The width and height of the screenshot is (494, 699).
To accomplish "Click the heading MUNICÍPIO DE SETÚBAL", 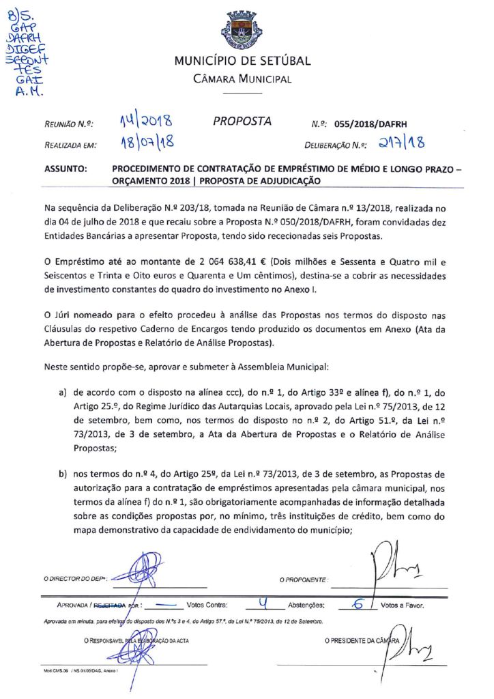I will pos(242,61).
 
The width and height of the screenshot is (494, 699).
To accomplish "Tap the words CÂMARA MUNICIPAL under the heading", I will pos(242,79).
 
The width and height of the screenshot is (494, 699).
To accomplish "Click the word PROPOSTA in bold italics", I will pos(242,122).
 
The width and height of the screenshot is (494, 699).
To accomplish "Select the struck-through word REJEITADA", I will pos(109,605).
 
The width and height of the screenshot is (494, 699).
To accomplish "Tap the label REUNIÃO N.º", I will pos(69,125).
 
